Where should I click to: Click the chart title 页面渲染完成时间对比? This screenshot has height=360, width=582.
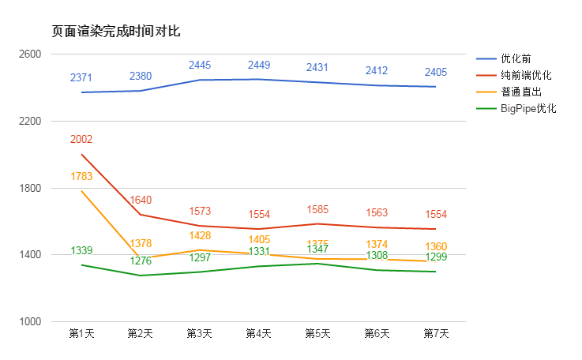pos(116,32)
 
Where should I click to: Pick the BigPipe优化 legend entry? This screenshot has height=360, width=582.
pos(528,108)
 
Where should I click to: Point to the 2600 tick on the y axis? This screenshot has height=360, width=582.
pos(31,54)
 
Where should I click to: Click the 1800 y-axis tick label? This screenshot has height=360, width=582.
pos(31,188)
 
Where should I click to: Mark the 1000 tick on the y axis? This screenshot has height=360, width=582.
pos(31,321)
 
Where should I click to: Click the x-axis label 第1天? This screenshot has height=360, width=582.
pos(81,334)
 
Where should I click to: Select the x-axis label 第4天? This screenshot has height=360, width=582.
pos(258,334)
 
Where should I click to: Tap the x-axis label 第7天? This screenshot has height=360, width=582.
pos(436,334)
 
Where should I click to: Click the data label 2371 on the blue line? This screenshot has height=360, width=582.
pos(81,77)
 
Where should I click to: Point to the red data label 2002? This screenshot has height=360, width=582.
pos(81,140)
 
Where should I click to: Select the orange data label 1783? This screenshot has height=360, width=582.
pos(81,177)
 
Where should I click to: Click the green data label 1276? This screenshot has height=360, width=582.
pos(141,261)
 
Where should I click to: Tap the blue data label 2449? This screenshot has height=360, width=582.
pos(258,65)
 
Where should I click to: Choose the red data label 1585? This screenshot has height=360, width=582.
pos(317,210)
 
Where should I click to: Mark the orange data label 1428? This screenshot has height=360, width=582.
pos(200,236)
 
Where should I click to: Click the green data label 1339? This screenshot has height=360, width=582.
pos(81,251)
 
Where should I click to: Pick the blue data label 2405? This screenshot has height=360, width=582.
pos(436,72)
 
